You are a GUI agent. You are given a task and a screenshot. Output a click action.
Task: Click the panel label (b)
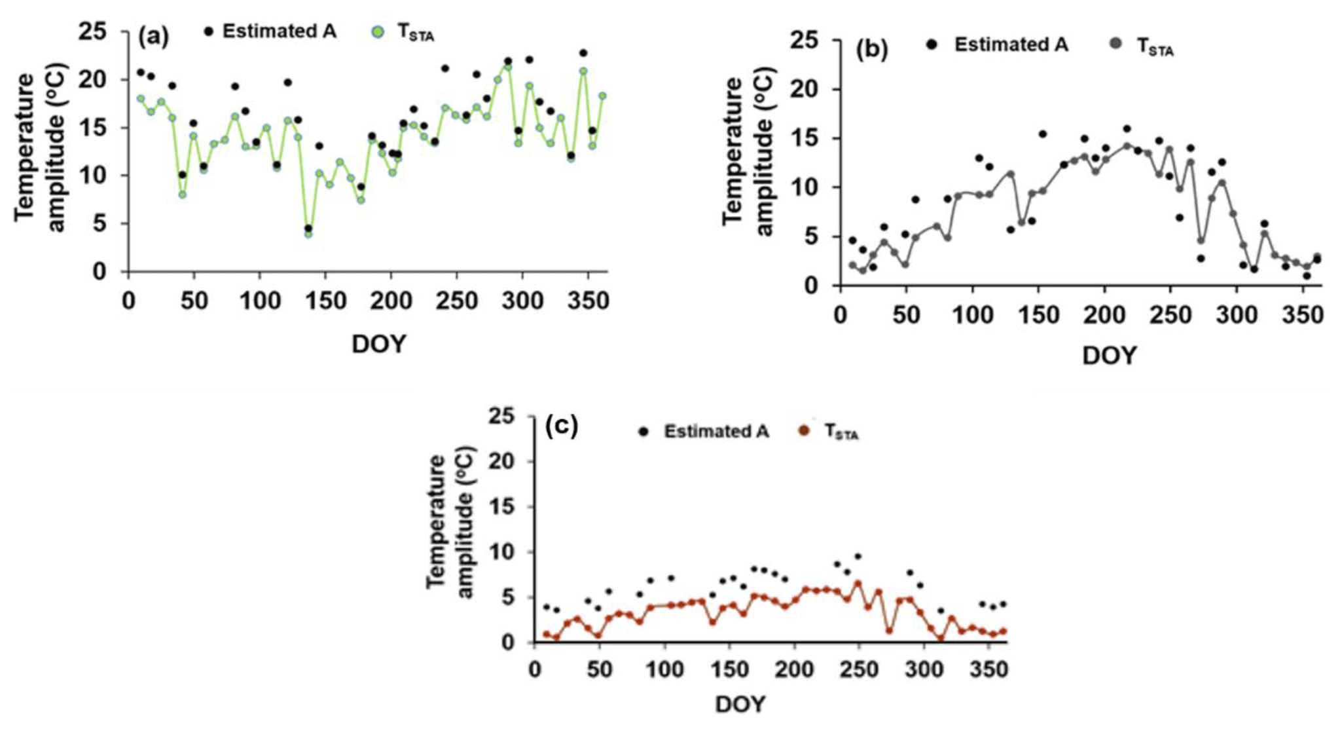point(872,50)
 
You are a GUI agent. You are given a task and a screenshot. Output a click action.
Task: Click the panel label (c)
point(562,426)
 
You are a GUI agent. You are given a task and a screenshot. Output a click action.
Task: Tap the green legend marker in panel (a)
point(376,31)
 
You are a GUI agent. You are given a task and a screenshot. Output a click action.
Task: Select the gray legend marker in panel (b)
point(1116,44)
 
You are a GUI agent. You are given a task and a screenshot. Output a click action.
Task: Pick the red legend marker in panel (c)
point(805,431)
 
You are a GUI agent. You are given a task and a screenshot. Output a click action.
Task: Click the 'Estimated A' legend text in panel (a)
point(280,31)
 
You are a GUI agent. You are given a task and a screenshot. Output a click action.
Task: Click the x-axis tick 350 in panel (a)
point(588,301)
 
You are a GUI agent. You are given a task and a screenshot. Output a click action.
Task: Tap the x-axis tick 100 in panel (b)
point(972,316)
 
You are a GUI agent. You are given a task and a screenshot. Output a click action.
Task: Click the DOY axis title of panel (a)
point(378,343)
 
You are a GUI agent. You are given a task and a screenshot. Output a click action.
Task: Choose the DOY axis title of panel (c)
point(740,704)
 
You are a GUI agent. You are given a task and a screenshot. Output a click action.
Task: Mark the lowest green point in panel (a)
point(308,234)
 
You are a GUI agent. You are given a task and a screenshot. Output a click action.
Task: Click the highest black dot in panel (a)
point(583,52)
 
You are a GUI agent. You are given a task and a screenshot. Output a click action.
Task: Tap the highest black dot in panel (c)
point(858,557)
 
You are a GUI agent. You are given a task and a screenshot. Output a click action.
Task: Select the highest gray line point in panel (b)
point(1127,146)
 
